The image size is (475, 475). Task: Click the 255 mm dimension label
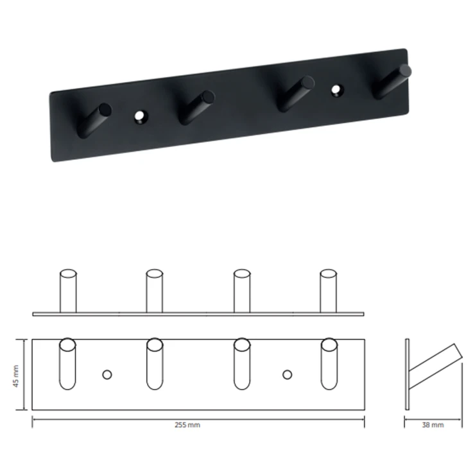(187, 425)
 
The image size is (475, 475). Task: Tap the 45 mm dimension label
(16, 376)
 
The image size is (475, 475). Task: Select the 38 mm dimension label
(433, 425)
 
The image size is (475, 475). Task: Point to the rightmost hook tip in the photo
(405, 71)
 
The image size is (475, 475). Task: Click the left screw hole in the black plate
(139, 116)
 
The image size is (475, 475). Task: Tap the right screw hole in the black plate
(336, 89)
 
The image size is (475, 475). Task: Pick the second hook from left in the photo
(196, 107)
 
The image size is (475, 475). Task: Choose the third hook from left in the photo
(296, 94)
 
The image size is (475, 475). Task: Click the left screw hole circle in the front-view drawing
(107, 375)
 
